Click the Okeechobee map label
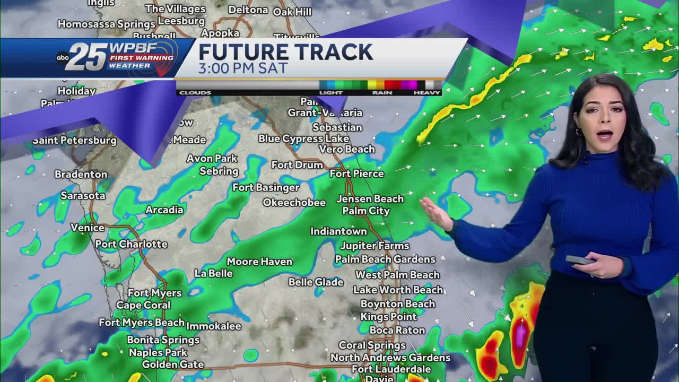click(x=294, y=203)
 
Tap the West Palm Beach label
click(x=397, y=275)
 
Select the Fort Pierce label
click(x=356, y=173)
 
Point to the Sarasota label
click(x=83, y=196)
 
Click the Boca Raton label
click(x=397, y=330)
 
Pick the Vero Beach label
click(x=347, y=149)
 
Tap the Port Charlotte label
click(x=131, y=244)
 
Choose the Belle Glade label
click(x=316, y=282)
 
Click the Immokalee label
click(x=213, y=326)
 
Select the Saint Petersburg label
click(x=74, y=141)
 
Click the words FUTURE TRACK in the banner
click(x=286, y=52)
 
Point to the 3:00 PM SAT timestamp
click(x=243, y=68)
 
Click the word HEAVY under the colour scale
click(x=427, y=93)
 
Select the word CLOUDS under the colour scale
click(x=195, y=93)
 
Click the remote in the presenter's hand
click(x=579, y=260)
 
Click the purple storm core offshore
click(x=521, y=334)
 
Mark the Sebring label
click(x=219, y=171)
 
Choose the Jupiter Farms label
click(x=375, y=246)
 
